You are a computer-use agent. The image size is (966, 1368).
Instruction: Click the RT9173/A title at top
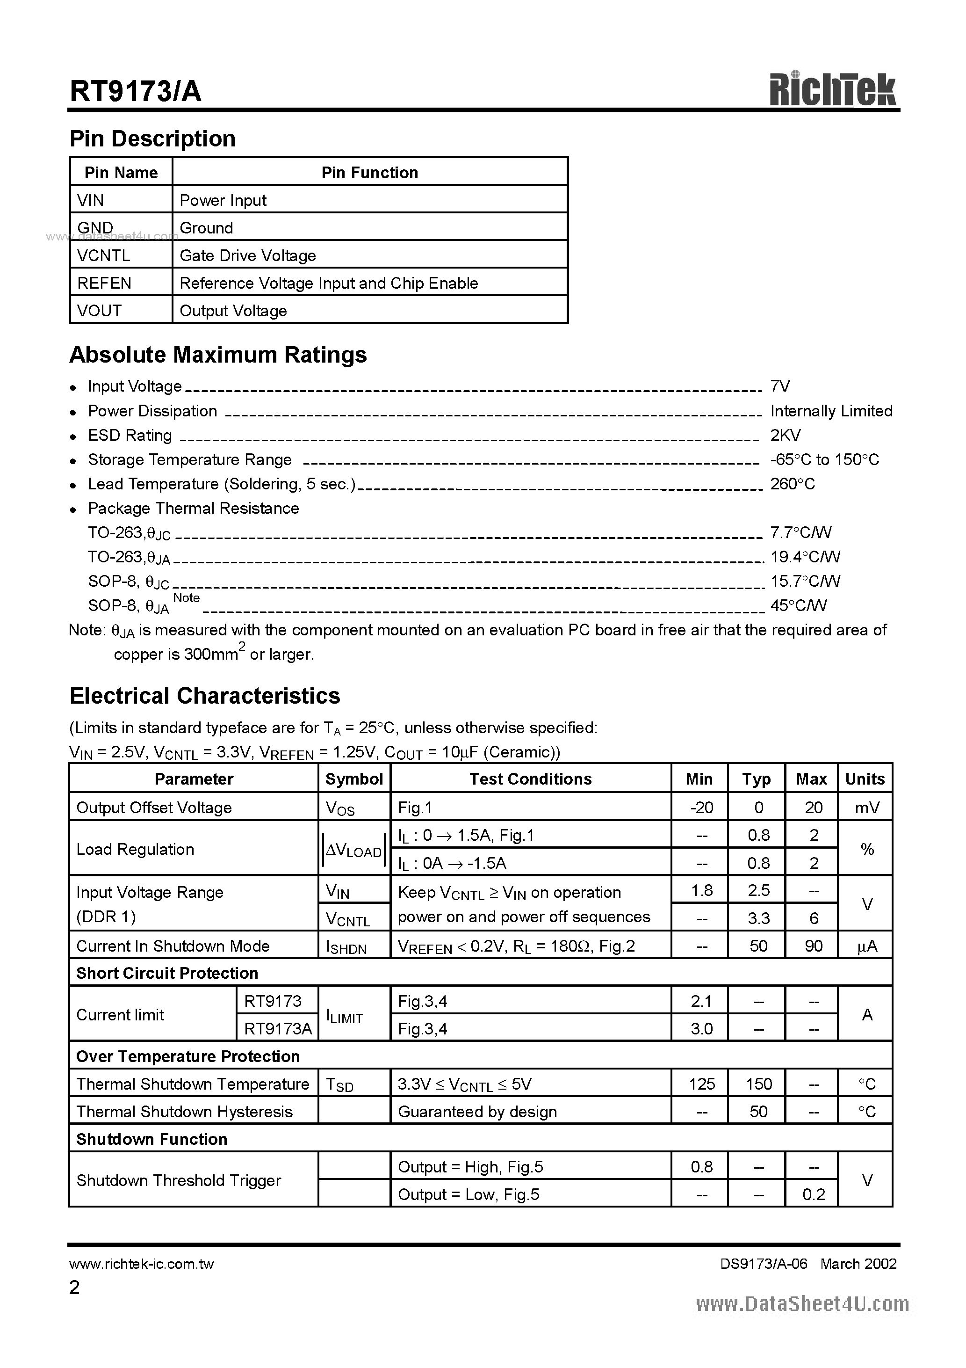(136, 92)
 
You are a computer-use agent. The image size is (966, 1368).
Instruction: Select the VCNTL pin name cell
(104, 255)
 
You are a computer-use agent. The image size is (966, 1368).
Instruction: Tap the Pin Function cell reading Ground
(206, 228)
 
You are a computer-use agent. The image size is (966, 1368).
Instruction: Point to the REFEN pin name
(104, 283)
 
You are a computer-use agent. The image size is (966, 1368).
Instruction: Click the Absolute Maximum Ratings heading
(218, 355)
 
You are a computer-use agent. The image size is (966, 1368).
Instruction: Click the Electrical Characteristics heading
(205, 696)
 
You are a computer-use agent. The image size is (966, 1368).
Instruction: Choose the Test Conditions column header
(530, 779)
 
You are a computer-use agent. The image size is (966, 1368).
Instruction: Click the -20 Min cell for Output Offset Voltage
(701, 808)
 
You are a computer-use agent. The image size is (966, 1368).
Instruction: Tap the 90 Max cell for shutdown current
(813, 946)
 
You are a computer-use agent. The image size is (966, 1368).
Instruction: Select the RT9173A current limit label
(278, 1029)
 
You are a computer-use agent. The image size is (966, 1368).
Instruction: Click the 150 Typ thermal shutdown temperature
(758, 1084)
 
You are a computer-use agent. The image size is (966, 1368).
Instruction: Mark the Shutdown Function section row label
(152, 1139)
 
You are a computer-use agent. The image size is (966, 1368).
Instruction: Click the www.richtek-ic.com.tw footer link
(142, 1264)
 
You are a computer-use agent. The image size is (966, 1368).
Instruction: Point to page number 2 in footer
(74, 1288)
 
